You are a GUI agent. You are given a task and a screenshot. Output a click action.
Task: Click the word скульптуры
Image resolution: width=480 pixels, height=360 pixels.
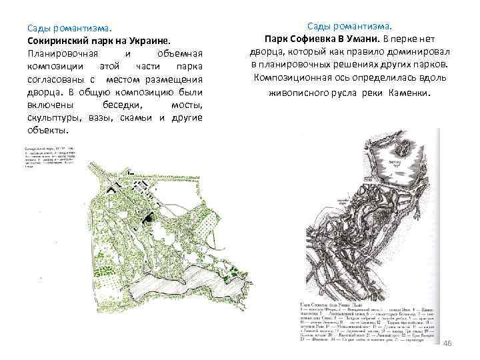tap(53, 119)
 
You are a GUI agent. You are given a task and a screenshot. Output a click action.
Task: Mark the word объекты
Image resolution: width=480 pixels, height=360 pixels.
tap(49, 131)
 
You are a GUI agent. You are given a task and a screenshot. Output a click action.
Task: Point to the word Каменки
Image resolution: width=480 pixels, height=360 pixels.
tap(407, 93)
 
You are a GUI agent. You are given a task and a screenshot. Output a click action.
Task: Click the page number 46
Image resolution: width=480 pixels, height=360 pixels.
tap(447, 342)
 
